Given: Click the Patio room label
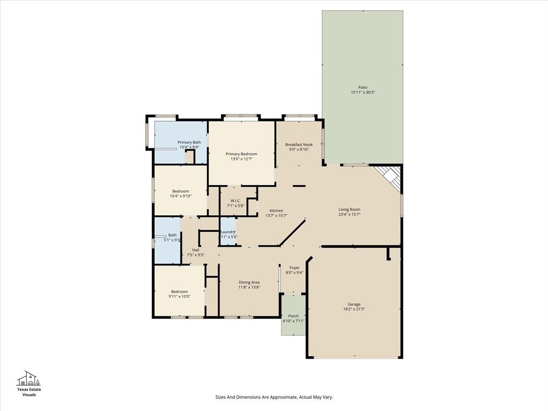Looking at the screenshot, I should (x=363, y=87).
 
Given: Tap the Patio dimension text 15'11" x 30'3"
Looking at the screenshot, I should (x=363, y=93).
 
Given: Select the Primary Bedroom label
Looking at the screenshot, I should (x=241, y=154).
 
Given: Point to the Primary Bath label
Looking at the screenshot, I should (x=189, y=142).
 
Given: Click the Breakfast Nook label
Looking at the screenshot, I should (x=299, y=144).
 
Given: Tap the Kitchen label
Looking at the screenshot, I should (x=276, y=210).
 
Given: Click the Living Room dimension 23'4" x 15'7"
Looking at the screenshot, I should (x=349, y=215).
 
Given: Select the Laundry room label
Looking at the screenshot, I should (x=228, y=232).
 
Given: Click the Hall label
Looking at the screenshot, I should (x=195, y=250).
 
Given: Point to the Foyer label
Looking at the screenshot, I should (x=294, y=268).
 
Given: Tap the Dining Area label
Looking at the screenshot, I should (x=249, y=283).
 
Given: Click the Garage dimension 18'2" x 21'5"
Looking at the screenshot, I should (x=354, y=309).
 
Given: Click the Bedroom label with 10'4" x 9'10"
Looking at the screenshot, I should (x=180, y=191).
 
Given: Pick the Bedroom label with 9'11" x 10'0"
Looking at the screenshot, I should (x=179, y=292).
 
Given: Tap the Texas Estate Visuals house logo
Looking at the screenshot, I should (x=29, y=378).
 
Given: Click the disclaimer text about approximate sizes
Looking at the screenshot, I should (x=274, y=397).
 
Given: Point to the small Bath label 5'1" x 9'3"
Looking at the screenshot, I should (x=172, y=235).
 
